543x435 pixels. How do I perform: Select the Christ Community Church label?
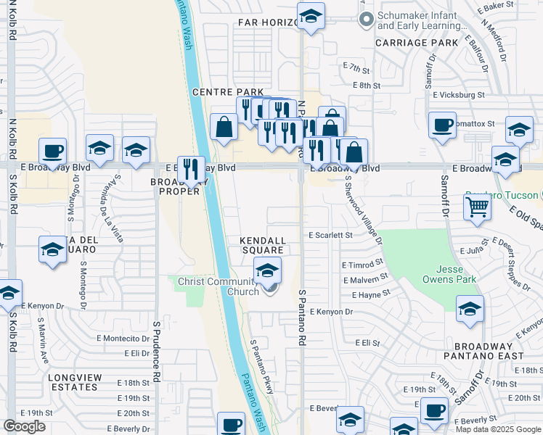tap(219, 286)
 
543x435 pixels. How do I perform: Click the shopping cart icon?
tap(478, 207)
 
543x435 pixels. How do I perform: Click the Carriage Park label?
tap(416, 43)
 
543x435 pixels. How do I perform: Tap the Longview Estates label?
tap(73, 382)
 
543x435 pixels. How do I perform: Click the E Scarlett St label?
tap(330, 235)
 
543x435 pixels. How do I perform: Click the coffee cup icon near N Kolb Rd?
tap(52, 151)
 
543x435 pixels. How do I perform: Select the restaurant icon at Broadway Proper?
tap(191, 169)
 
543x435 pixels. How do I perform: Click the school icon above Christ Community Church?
tap(267, 272)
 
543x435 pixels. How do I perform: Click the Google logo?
tap(25, 426)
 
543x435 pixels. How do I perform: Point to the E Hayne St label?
tap(370, 295)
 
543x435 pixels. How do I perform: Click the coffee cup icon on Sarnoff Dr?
tap(442, 125)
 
